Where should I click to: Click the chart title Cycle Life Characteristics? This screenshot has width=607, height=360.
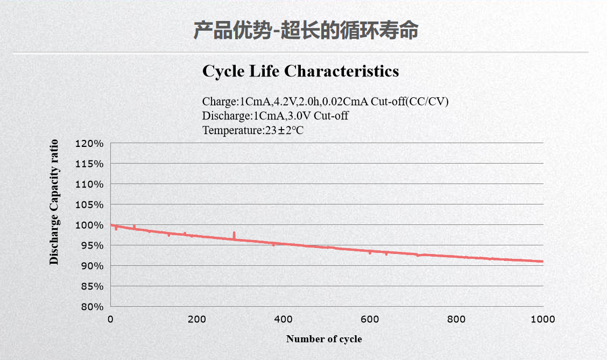click(300, 71)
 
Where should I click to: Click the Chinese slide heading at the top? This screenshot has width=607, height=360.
click(306, 31)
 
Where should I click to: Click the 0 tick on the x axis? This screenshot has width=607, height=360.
click(110, 319)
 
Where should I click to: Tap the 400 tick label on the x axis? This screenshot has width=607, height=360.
click(283, 319)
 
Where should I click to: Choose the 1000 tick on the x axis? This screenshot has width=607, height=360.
click(542, 319)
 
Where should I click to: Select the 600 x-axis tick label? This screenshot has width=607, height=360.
click(370, 319)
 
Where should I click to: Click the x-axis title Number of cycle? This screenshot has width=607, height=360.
click(324, 339)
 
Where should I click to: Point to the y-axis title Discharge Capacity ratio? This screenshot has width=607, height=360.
click(54, 202)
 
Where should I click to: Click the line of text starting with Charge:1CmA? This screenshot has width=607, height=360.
click(326, 101)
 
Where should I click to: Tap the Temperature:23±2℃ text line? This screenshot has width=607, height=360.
click(253, 130)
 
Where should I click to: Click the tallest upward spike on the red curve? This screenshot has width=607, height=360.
click(234, 233)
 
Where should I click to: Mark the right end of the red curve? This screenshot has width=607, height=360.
click(542, 262)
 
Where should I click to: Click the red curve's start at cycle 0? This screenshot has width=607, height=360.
click(111, 225)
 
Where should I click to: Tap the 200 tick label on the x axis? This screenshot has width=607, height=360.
click(197, 319)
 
